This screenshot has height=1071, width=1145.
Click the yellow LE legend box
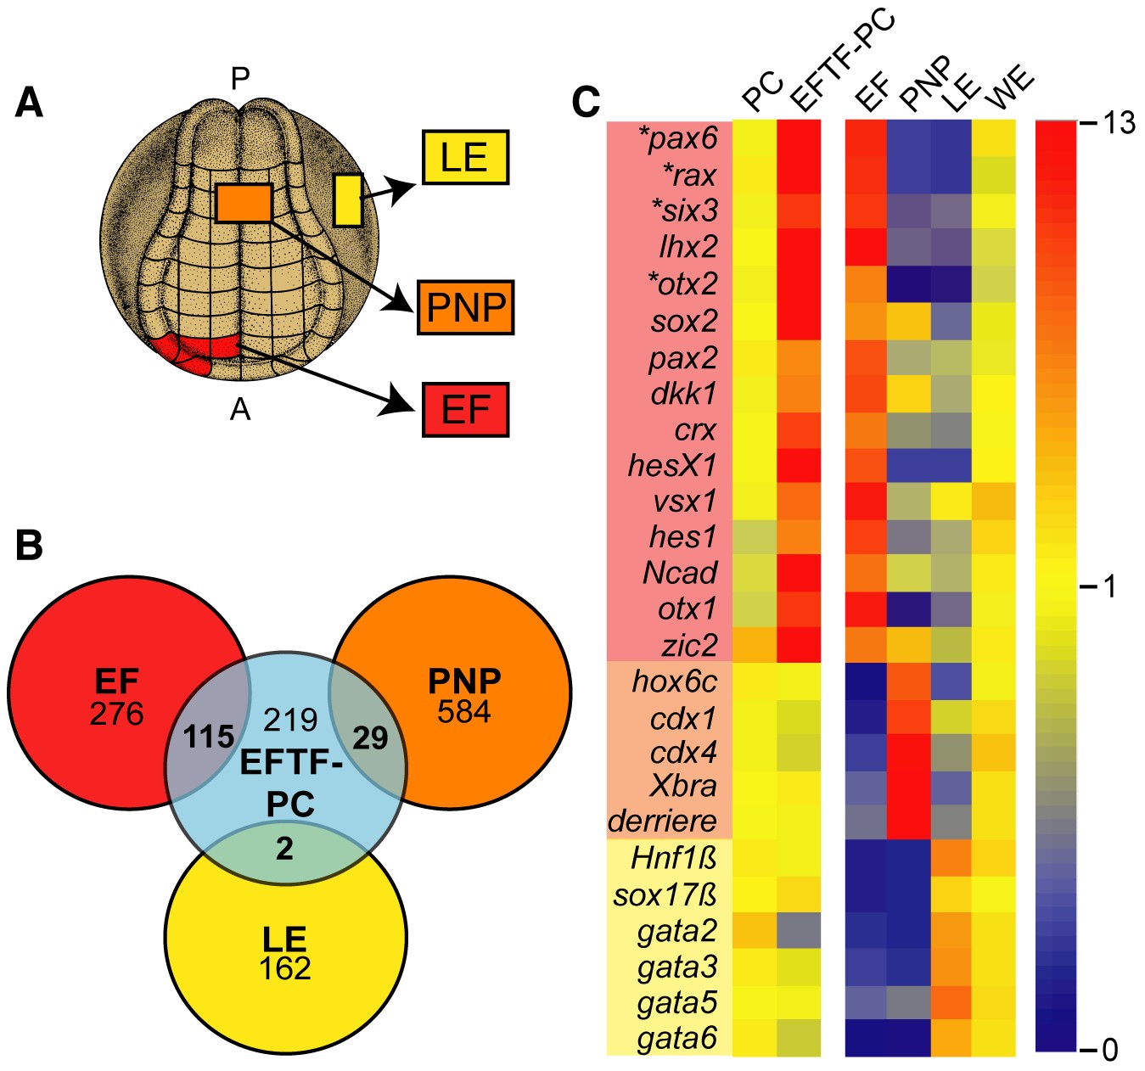pos(464,158)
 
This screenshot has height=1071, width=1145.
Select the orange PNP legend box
pos(465,306)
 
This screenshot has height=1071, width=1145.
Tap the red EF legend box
pos(465,410)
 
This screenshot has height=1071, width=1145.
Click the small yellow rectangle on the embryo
pos(348,200)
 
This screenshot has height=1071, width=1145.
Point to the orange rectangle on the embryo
pos(244,204)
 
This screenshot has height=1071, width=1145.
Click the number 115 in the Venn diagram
pos(209,737)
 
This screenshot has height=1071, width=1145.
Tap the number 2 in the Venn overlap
pos(285,848)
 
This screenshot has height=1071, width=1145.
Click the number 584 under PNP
pos(464,712)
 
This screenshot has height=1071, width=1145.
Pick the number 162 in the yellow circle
pos(285,968)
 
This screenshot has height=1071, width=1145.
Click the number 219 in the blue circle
pos(290,720)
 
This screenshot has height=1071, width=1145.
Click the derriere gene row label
pos(663,821)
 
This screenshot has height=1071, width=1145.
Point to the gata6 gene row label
pos(677,1038)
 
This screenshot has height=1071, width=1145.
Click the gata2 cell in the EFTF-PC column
pos(799,931)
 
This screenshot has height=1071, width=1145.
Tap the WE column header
pos(1010,90)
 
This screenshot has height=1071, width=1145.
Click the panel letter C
pos(587,103)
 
